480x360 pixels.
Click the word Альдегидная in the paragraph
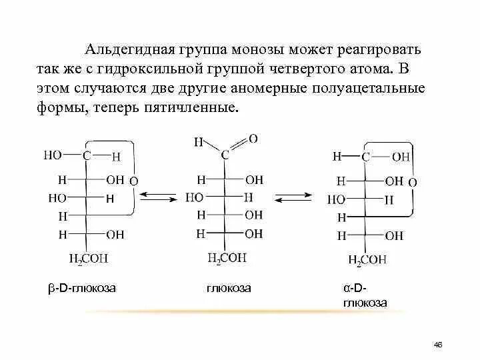coord(129,50)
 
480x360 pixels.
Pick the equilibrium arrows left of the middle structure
coord(159,197)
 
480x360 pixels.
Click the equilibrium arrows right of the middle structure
coord(294,197)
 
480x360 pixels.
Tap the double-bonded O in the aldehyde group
coord(253,139)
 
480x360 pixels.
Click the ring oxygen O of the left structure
coord(133,181)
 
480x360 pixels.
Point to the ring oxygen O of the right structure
coord(412,181)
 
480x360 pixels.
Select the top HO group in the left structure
coord(53,155)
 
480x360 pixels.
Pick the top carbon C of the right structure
coord(365,157)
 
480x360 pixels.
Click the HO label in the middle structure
coord(194,197)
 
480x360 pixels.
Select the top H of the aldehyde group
coord(198,142)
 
